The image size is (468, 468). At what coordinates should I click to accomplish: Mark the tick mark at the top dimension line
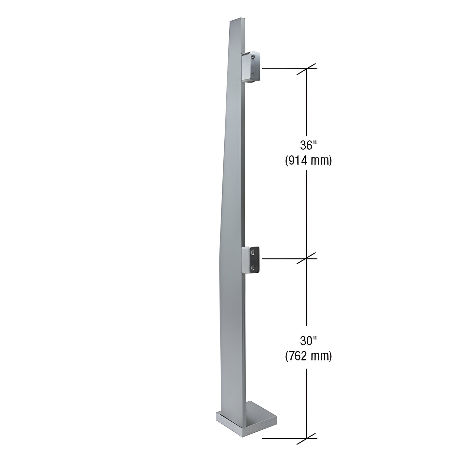click(x=307, y=69)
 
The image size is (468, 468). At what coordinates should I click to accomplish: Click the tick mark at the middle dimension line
click(x=307, y=258)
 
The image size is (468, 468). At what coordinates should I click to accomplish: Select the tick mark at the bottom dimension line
click(x=307, y=439)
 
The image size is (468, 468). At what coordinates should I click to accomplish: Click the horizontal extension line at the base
click(x=282, y=439)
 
